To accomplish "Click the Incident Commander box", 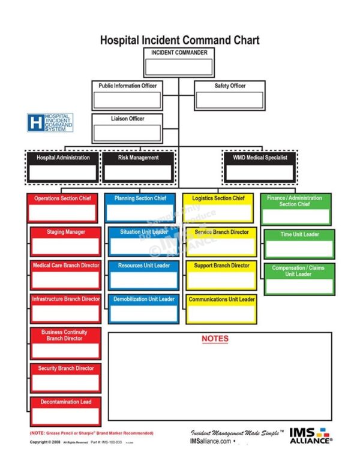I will click(179, 62).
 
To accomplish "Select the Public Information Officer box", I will click(127, 95).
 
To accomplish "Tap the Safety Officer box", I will click(230, 95).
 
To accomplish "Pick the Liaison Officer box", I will click(127, 128).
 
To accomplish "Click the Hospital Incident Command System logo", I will click(50, 123).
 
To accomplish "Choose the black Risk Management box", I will click(139, 167).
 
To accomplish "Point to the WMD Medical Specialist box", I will click(260, 167).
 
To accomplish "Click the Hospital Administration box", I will click(63, 167).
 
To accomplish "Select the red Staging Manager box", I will click(66, 241).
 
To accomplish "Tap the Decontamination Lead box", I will click(66, 411).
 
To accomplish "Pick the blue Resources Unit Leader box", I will click(144, 275).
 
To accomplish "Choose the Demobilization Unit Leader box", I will click(144, 308).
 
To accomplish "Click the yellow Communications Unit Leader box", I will click(221, 308).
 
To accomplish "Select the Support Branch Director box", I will click(221, 275).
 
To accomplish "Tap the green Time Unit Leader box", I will click(299, 243).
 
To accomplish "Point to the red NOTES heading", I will click(215, 339).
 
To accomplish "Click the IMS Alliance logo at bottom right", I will click(310, 436).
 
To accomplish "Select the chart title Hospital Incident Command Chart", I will click(179, 40).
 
